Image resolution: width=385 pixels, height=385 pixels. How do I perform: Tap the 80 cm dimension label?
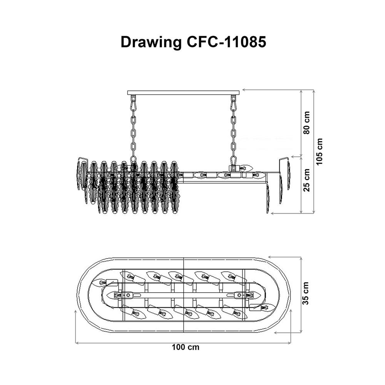coord(307,123)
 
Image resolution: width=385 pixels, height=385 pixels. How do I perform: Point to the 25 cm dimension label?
coord(307,181)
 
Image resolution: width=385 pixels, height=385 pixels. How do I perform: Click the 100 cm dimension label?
coord(185,347)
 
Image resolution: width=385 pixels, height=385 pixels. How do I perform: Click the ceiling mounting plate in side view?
coord(183,92)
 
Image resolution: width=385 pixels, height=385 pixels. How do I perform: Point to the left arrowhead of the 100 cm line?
coord(77,342)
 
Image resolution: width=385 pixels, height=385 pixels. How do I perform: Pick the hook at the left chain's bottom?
coord(133,160)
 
